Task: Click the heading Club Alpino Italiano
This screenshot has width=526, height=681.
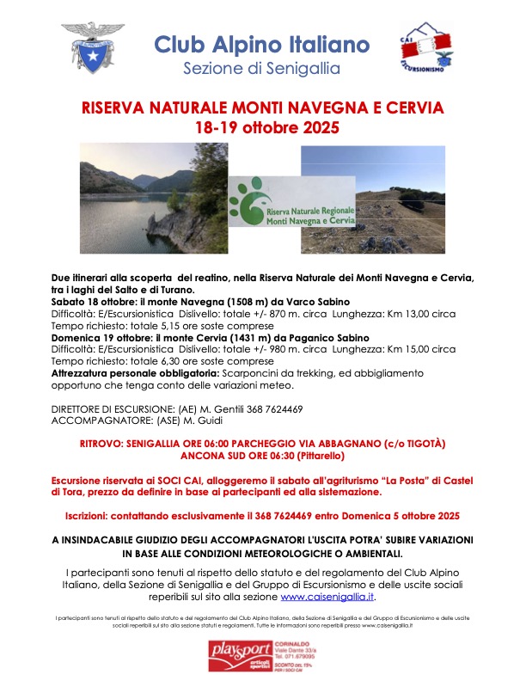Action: tap(262, 44)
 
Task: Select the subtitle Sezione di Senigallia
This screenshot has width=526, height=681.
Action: tap(262, 68)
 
